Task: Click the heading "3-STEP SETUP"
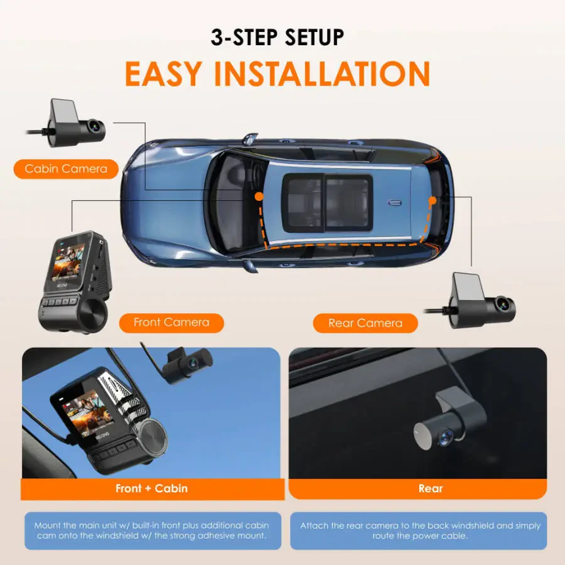click(x=277, y=38)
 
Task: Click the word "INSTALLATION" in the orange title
click(x=322, y=74)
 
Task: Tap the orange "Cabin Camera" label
click(x=66, y=168)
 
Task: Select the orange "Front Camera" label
click(x=171, y=323)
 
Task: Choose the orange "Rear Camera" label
click(x=365, y=323)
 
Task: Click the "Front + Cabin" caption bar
click(x=151, y=488)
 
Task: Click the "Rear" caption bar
click(x=430, y=488)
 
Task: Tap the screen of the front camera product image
click(x=67, y=259)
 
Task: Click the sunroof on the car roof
click(x=327, y=201)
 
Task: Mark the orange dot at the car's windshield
click(x=259, y=196)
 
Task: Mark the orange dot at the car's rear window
click(x=432, y=201)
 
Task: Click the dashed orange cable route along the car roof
click(x=345, y=242)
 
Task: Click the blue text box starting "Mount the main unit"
click(x=151, y=531)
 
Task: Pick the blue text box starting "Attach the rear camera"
click(x=419, y=531)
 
